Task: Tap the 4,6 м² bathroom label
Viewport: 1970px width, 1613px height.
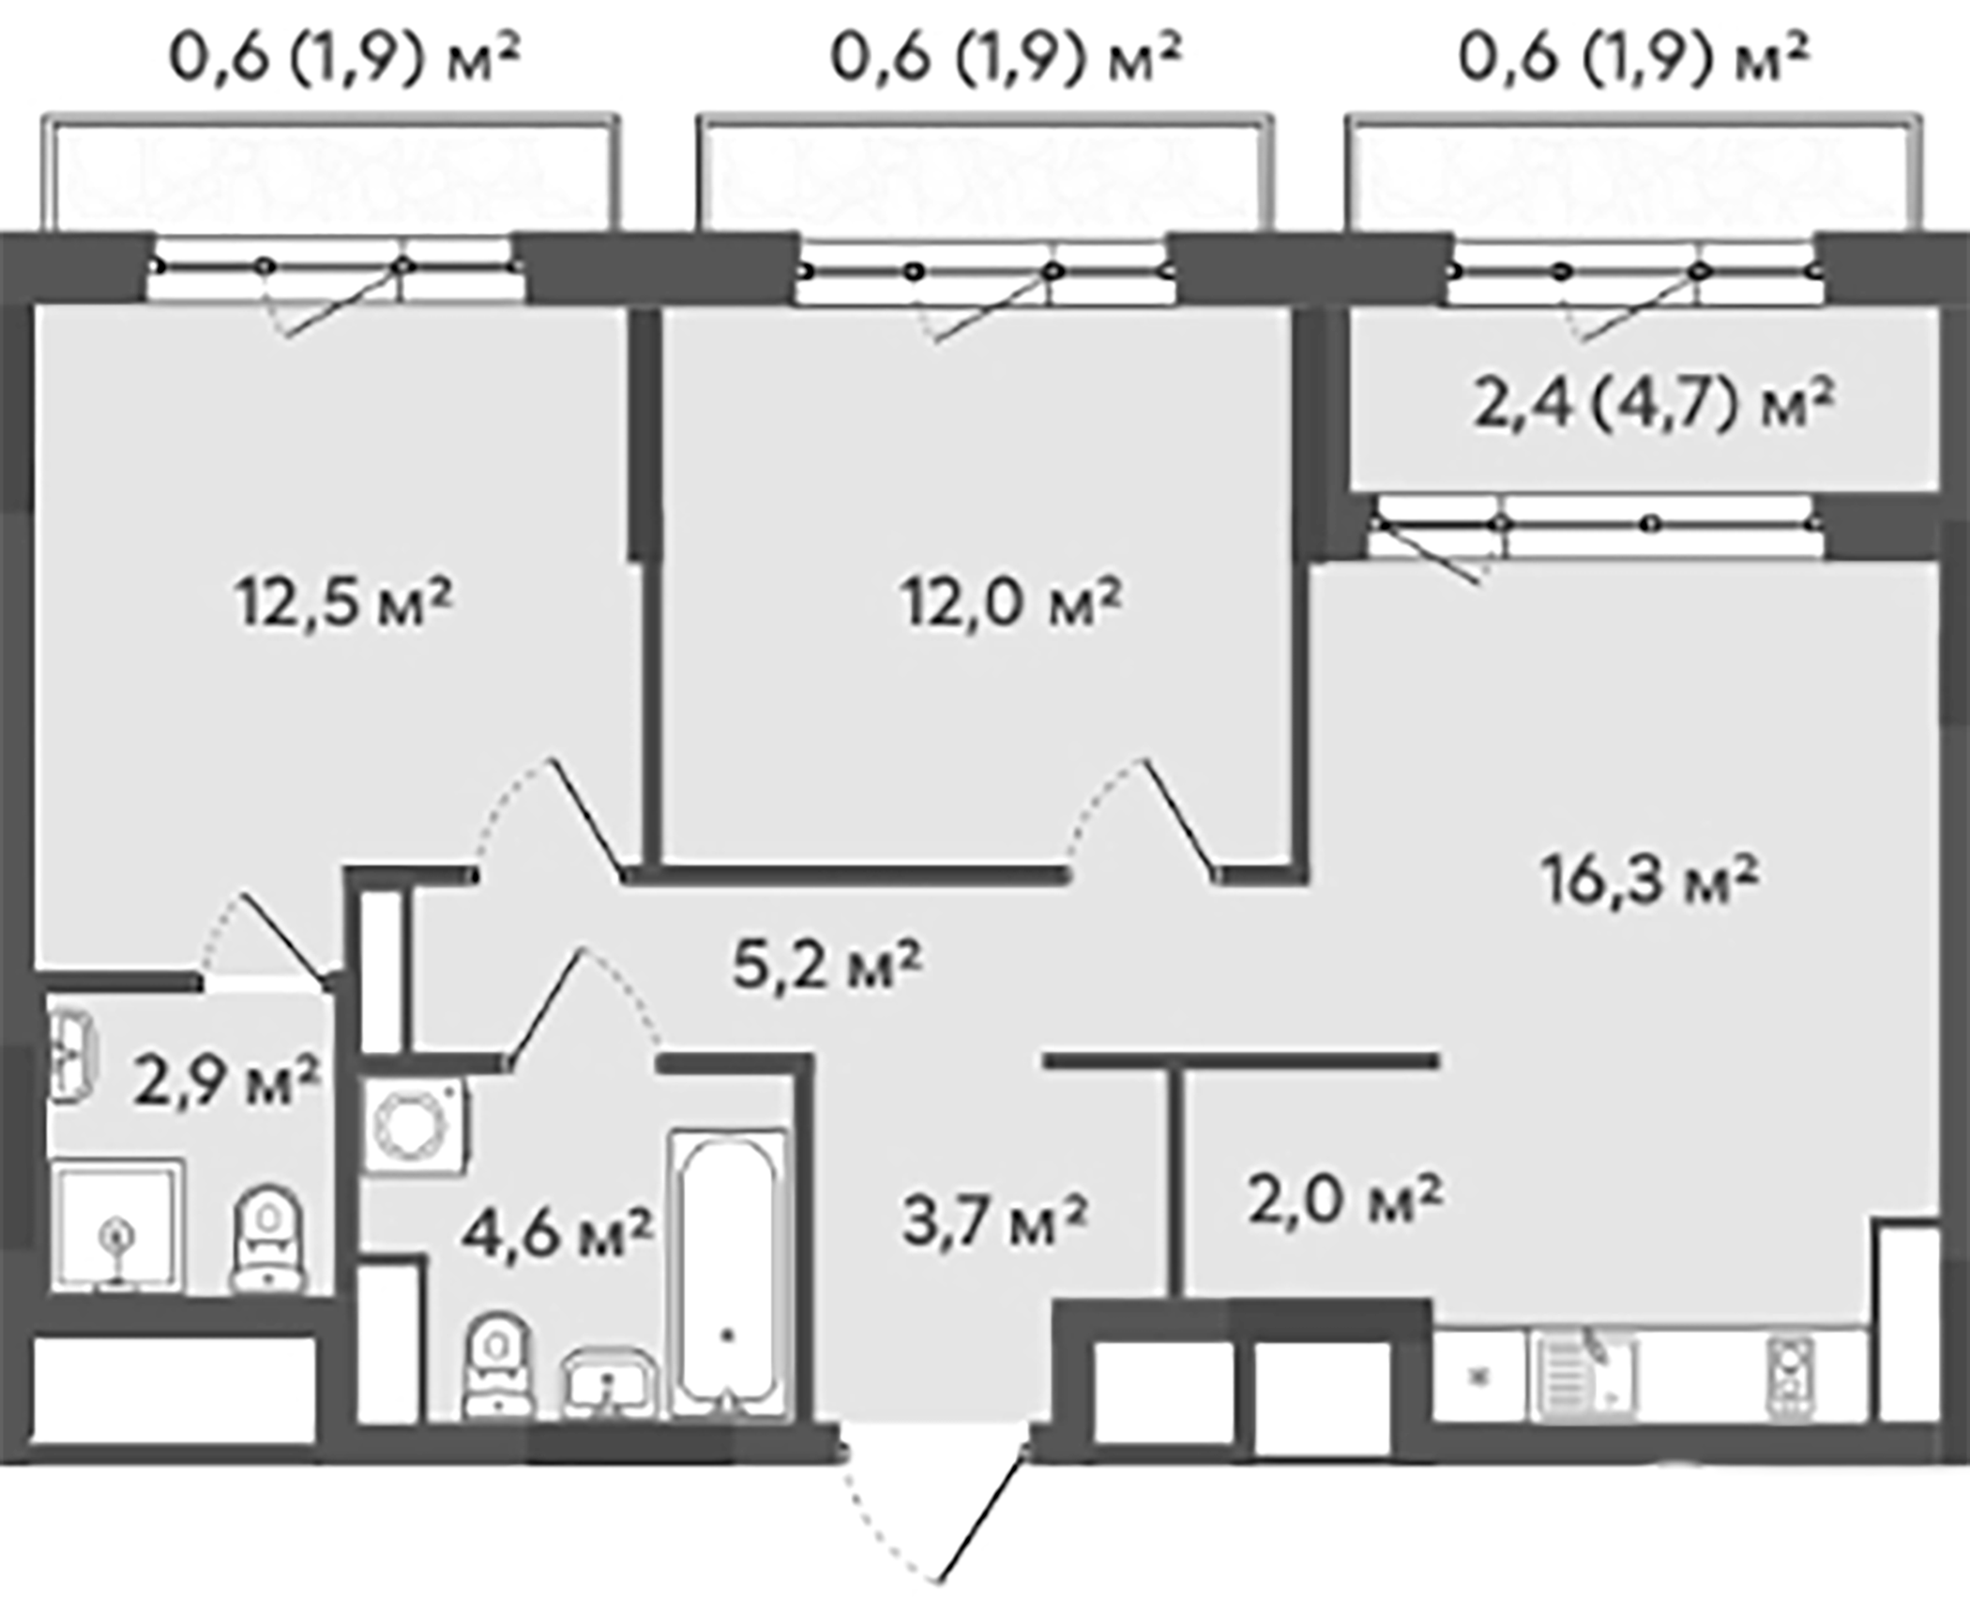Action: point(556,1234)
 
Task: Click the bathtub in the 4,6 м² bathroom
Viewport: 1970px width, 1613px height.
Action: point(727,1274)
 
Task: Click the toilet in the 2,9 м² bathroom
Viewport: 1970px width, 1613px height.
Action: point(270,1237)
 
